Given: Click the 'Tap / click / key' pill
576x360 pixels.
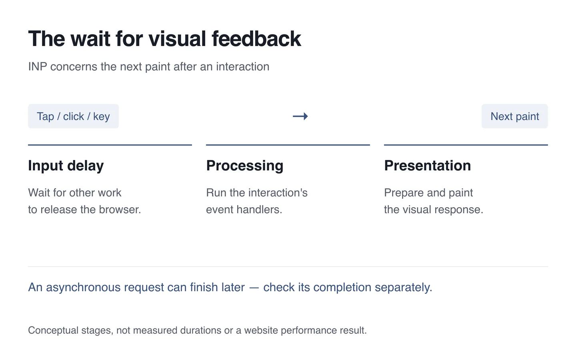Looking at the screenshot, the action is (73, 116).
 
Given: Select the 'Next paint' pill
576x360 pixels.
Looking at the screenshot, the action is (514, 116).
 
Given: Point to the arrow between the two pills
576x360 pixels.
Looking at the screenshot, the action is (300, 116).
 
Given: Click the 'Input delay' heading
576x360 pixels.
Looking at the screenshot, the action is (66, 166).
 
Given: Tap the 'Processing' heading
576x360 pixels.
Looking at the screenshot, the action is (244, 166).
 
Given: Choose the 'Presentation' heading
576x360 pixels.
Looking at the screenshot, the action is (427, 165).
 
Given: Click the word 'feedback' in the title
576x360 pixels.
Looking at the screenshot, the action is (256, 39).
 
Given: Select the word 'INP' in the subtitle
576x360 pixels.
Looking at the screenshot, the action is (38, 66).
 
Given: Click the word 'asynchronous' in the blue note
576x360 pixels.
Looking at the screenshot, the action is (83, 288).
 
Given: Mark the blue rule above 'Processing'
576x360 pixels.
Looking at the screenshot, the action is (288, 145).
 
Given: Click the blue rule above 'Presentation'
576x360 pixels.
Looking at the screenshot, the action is (466, 145).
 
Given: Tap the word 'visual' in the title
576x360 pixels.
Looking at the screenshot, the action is (177, 39).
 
